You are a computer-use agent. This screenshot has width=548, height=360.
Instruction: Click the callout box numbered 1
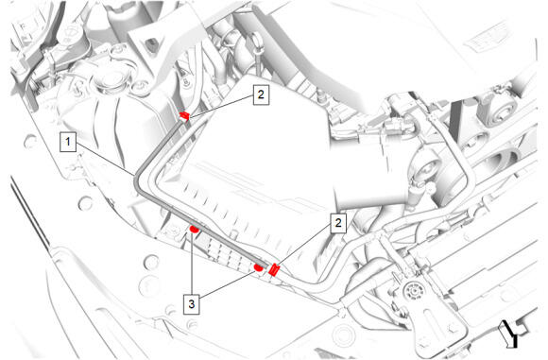tap(68, 142)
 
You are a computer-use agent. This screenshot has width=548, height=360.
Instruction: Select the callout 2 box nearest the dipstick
tap(261, 94)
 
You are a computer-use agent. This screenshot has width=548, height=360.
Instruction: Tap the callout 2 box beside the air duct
tap(338, 223)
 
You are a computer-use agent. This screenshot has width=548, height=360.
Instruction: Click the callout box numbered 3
tap(192, 304)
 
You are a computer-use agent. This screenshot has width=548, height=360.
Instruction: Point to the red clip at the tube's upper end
tap(184, 115)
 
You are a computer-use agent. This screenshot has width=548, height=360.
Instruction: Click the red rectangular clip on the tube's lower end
tap(274, 269)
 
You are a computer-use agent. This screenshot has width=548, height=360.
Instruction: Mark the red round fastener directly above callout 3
tap(194, 230)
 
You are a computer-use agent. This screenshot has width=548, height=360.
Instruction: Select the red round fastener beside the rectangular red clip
tap(258, 267)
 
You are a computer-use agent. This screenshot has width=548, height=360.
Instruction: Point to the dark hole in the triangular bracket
tap(152, 43)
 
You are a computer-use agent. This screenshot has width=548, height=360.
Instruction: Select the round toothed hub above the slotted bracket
tap(413, 291)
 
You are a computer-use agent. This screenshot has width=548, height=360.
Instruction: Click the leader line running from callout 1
tap(105, 158)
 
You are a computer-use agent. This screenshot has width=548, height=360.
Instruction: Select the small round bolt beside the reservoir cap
tap(139, 86)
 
